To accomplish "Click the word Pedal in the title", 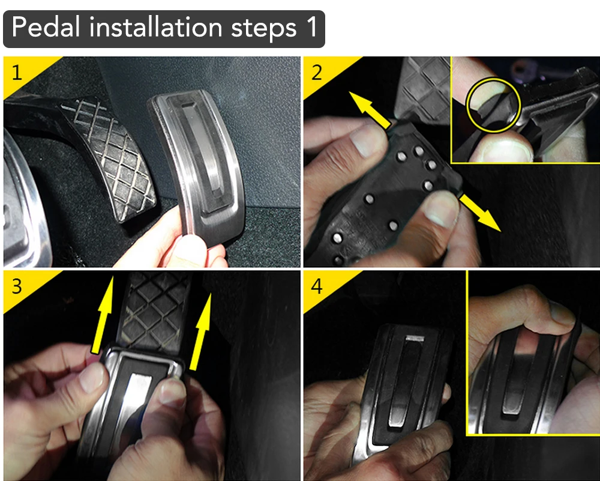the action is point(46,27).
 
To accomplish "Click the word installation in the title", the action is point(156,27).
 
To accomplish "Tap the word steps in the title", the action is point(264,29).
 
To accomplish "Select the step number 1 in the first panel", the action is point(16,73).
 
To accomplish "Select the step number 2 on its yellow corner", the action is point(316,73).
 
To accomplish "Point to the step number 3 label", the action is point(16,286).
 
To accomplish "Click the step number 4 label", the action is point(316,286).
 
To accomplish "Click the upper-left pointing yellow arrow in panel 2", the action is point(370,109).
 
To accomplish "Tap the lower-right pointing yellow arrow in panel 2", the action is point(480,213).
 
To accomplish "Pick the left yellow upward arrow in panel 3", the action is point(103,314).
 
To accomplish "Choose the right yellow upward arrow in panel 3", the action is point(201,331).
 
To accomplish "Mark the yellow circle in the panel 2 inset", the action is point(494,104).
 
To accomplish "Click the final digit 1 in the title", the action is point(312,27).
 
